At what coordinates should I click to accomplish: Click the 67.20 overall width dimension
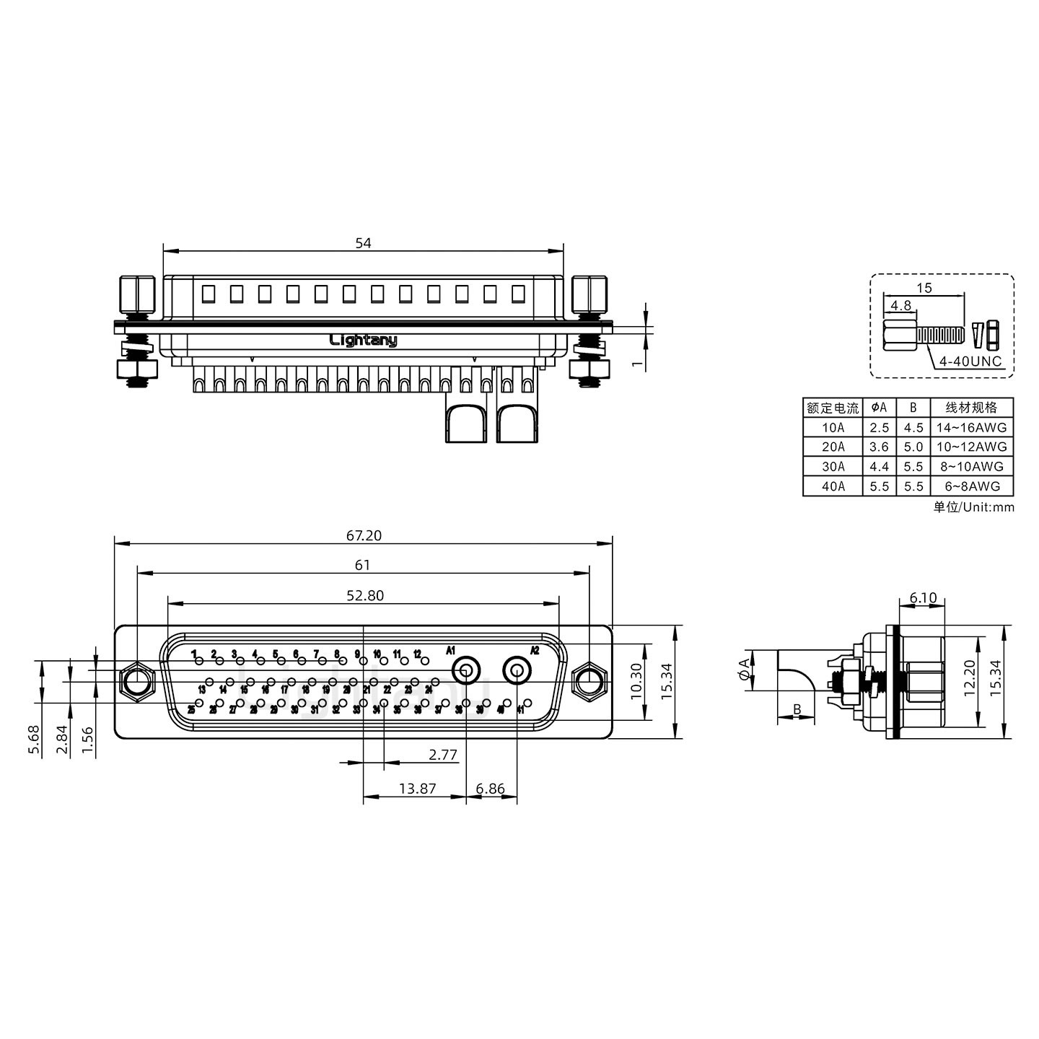tap(364, 535)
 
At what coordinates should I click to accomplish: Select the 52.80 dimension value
tap(365, 595)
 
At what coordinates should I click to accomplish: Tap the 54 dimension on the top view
tap(363, 243)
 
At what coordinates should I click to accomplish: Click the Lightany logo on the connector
tap(363, 340)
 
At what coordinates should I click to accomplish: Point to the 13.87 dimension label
tap(417, 789)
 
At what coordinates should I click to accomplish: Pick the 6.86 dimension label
tap(491, 789)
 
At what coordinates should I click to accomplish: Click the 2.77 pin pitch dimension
tap(442, 755)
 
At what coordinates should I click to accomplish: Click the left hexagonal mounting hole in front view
tap(136, 680)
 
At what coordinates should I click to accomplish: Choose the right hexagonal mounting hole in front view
tap(589, 680)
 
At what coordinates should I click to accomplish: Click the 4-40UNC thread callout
tap(970, 361)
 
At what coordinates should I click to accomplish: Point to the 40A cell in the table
tap(833, 486)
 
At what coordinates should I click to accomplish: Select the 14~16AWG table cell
tap(971, 427)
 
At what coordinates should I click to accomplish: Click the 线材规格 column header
tap(971, 408)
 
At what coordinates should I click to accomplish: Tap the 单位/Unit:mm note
tap(973, 507)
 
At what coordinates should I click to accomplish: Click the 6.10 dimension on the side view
tap(923, 597)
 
